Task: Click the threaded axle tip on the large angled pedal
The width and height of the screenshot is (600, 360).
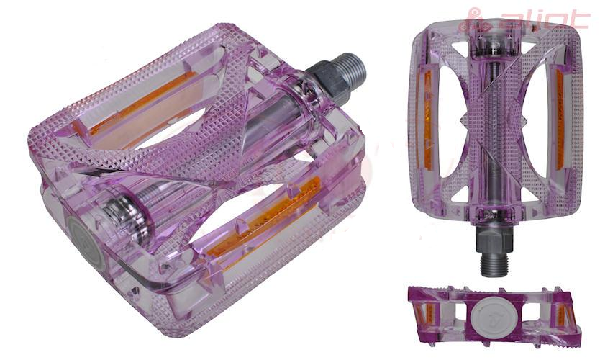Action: click(350, 69)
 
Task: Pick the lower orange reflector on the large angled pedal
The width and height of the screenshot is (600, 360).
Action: click(264, 218)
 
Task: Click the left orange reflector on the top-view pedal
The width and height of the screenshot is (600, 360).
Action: click(427, 120)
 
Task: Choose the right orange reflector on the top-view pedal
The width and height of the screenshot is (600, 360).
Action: click(560, 120)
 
